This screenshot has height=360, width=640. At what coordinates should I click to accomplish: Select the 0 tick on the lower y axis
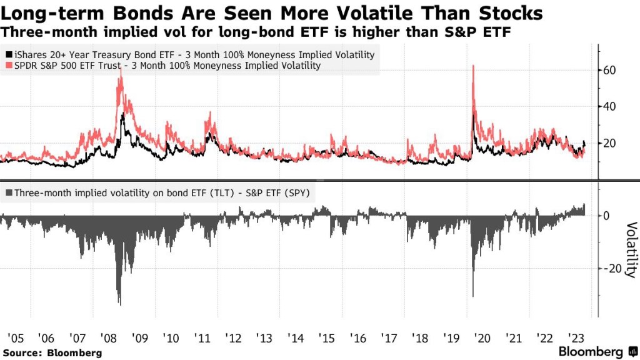(x=606, y=216)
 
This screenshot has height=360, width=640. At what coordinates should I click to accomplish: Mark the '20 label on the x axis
(x=481, y=339)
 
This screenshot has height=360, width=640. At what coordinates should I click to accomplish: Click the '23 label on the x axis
(x=575, y=339)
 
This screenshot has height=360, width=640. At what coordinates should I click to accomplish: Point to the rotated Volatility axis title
(x=631, y=250)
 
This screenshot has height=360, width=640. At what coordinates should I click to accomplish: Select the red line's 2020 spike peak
(x=473, y=66)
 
